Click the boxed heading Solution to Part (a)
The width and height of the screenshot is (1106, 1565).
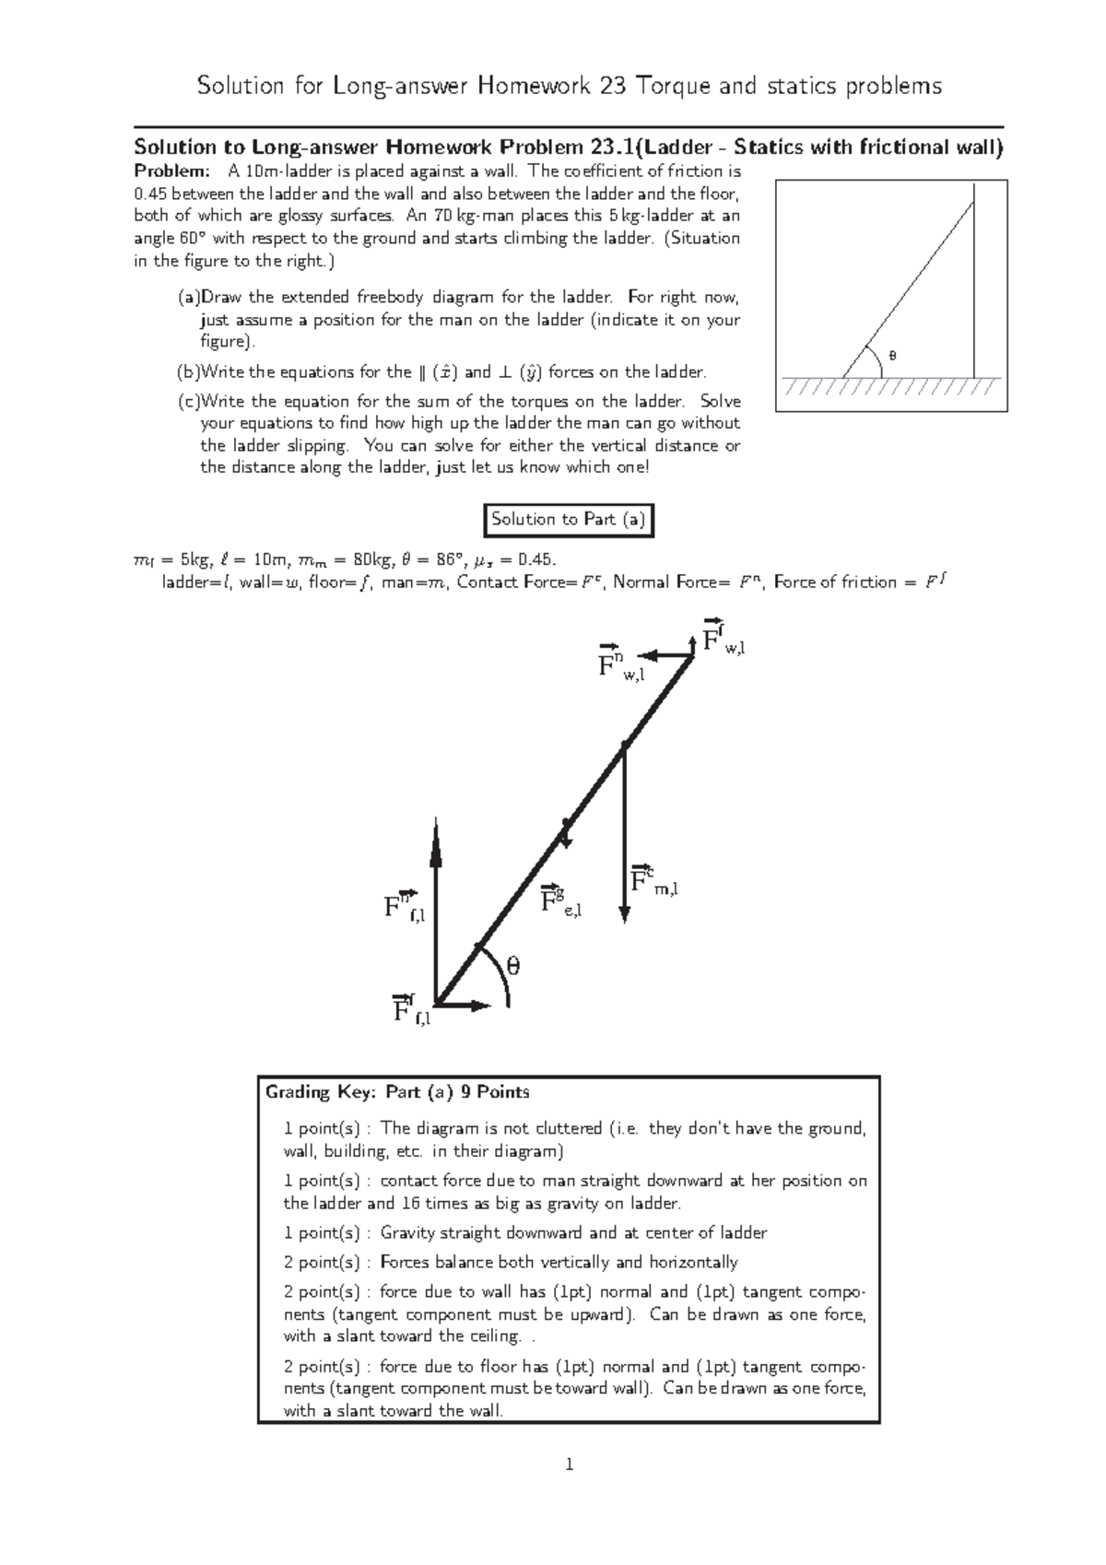pyautogui.click(x=569, y=520)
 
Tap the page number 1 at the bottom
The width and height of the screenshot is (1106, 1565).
pyautogui.click(x=570, y=1489)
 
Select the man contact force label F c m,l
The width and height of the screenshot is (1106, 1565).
pyautogui.click(x=653, y=881)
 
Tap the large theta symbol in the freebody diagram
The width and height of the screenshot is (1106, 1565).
pyautogui.click(x=512, y=966)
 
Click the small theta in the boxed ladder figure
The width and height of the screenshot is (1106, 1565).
pyautogui.click(x=890, y=355)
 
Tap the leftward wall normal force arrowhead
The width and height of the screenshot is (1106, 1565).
pyautogui.click(x=648, y=655)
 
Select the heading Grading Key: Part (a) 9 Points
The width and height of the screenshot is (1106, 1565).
pyautogui.click(x=397, y=1092)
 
